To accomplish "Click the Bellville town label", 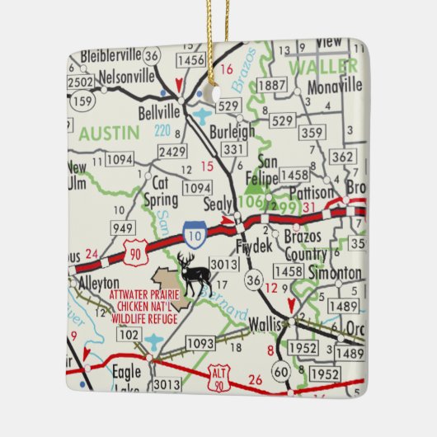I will point(160,110).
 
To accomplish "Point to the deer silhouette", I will point(194,273).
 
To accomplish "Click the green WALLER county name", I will point(317,65).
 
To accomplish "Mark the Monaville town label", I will point(334,85).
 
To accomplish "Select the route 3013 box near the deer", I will point(223,264).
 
